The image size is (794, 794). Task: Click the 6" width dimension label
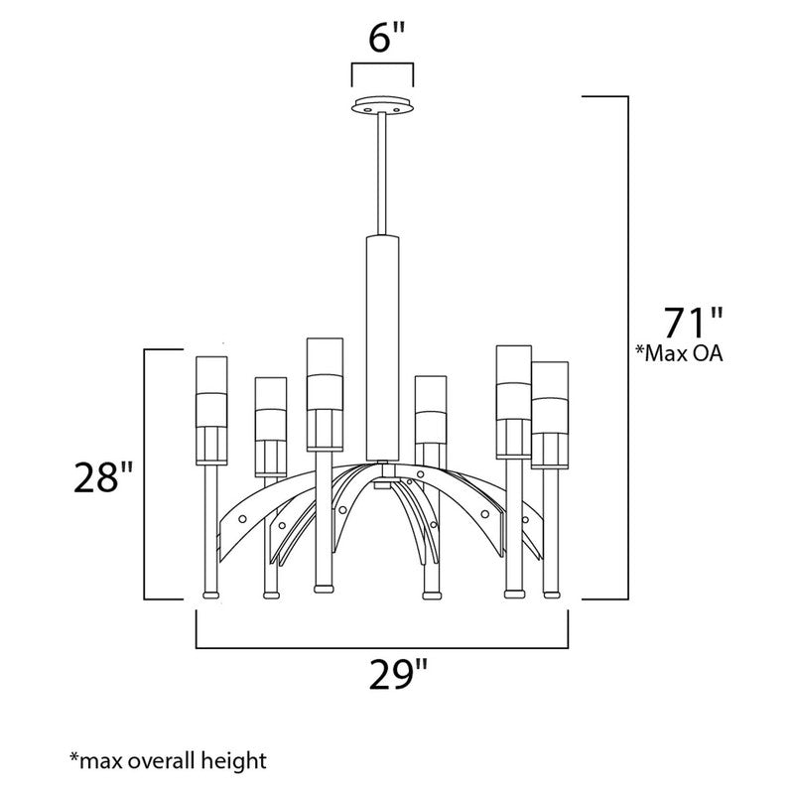[x=382, y=43]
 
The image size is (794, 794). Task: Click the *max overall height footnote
[x=169, y=761]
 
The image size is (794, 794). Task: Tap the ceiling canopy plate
[x=382, y=105]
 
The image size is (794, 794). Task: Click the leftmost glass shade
[x=211, y=407]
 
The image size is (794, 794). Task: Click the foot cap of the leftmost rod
[x=210, y=595]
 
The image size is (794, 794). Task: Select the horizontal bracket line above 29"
[x=382, y=646]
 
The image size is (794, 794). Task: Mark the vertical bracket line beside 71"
[x=627, y=347]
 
